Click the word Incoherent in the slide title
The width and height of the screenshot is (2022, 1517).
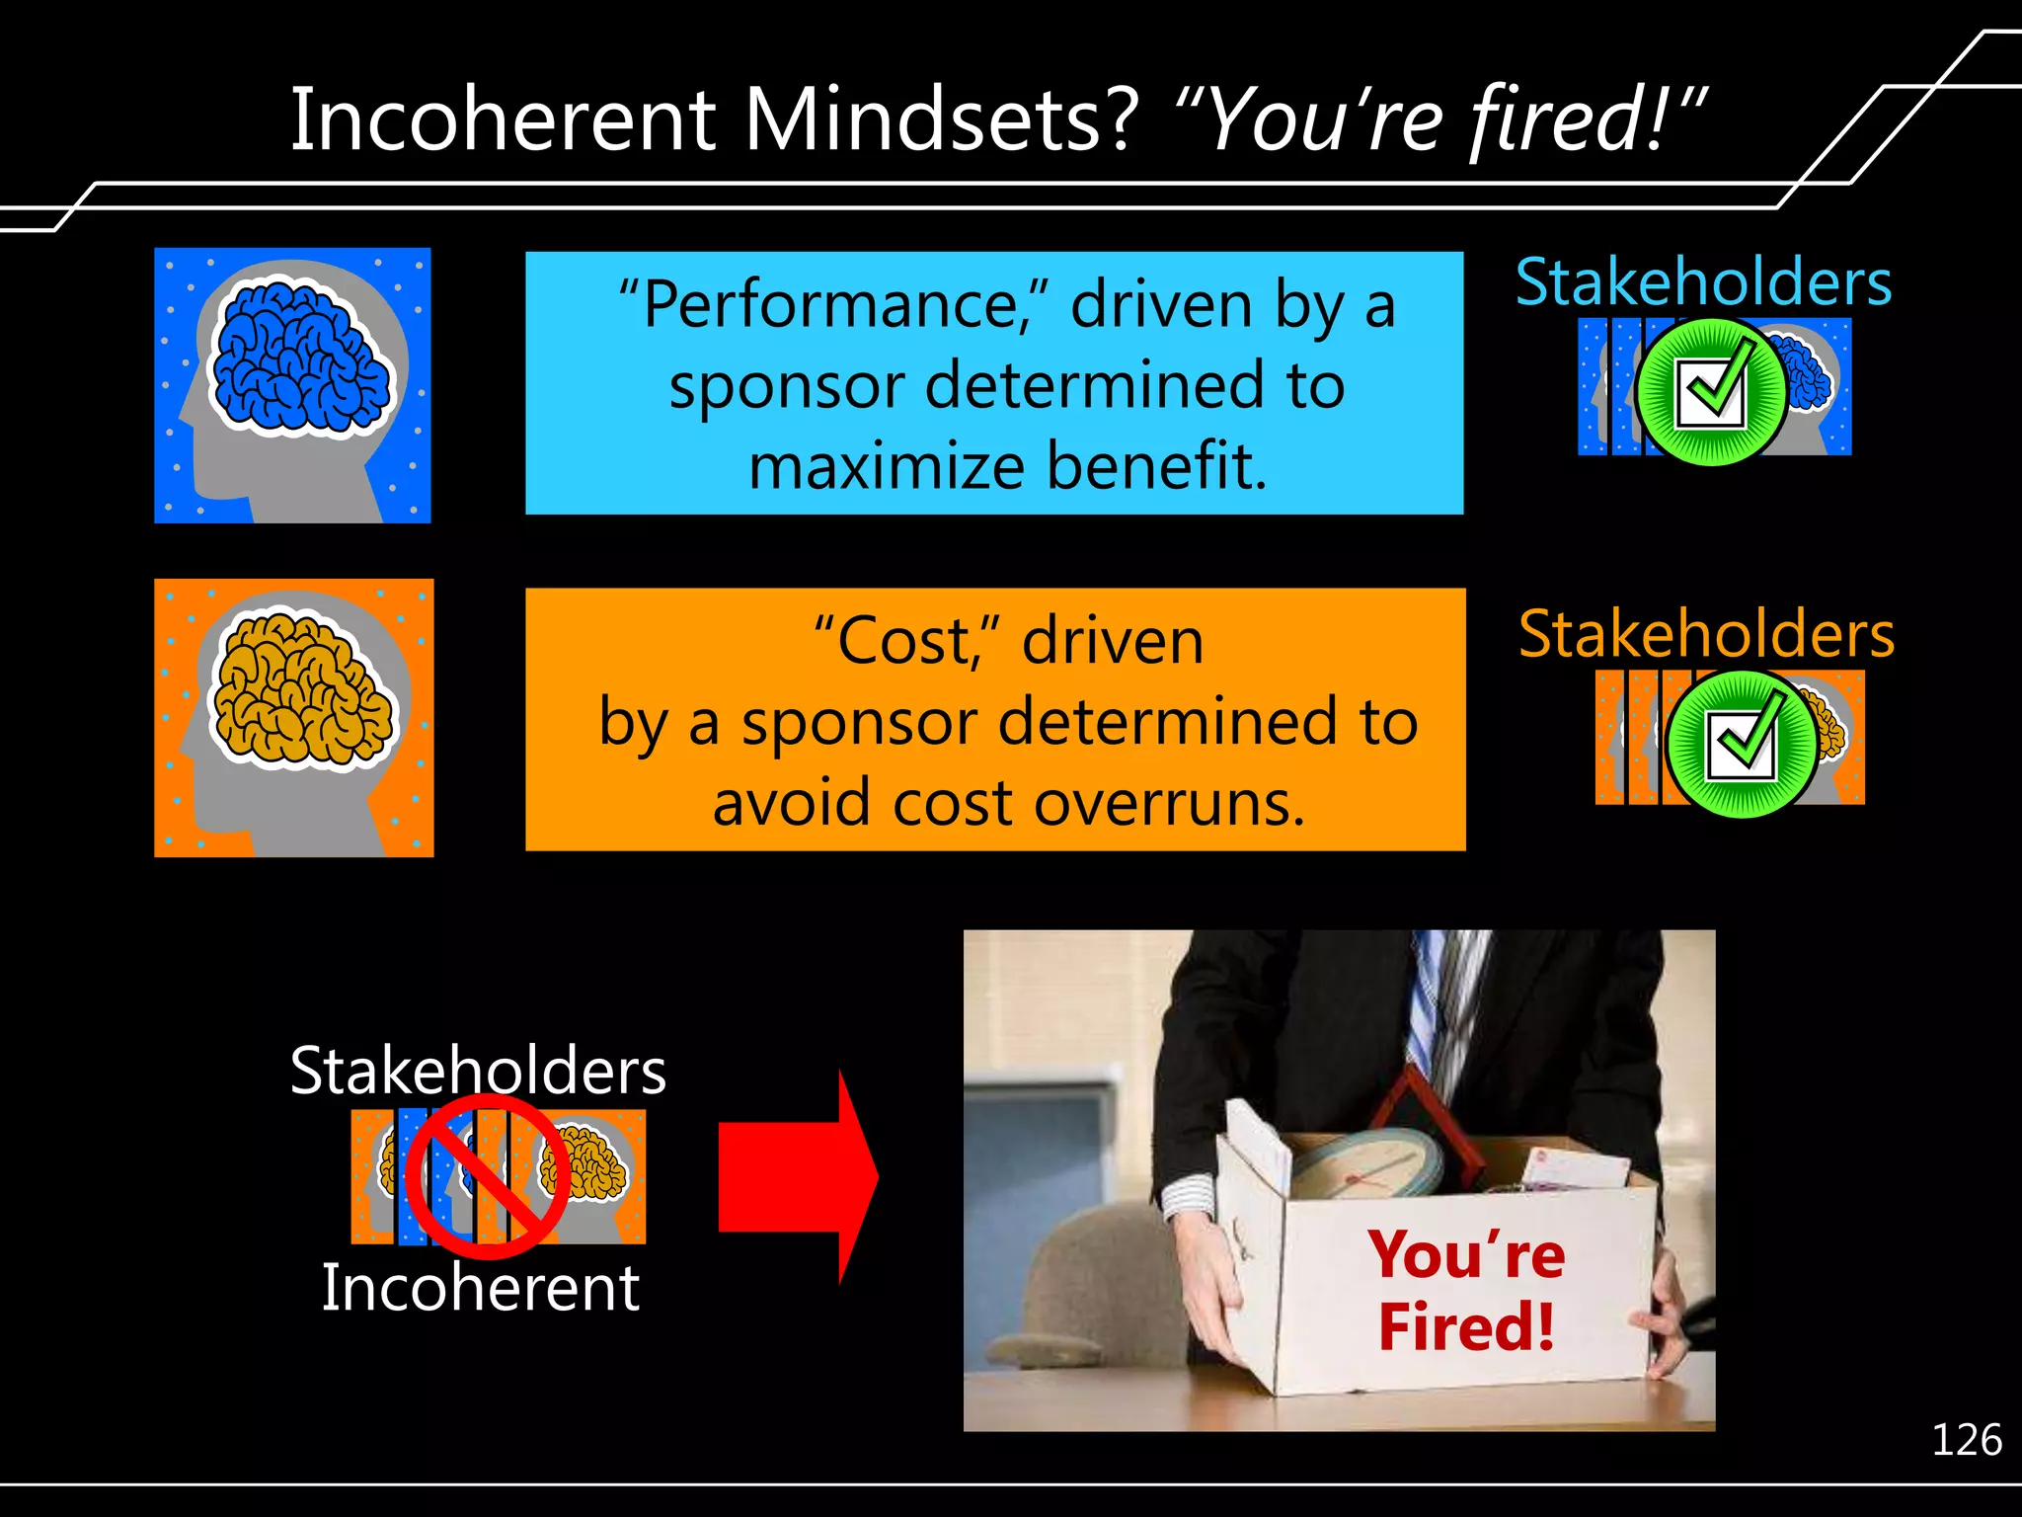coord(502,120)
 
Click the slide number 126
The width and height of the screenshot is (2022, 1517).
coord(1966,1440)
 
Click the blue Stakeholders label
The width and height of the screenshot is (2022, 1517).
coord(1703,281)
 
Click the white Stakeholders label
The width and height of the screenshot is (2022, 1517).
coord(478,1071)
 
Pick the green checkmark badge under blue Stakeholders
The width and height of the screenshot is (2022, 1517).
coord(1710,392)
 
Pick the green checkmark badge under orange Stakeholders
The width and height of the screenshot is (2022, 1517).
coord(1742,744)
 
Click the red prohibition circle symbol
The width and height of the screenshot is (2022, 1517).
coord(487,1176)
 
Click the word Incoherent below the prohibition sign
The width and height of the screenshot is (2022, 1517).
coord(481,1288)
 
